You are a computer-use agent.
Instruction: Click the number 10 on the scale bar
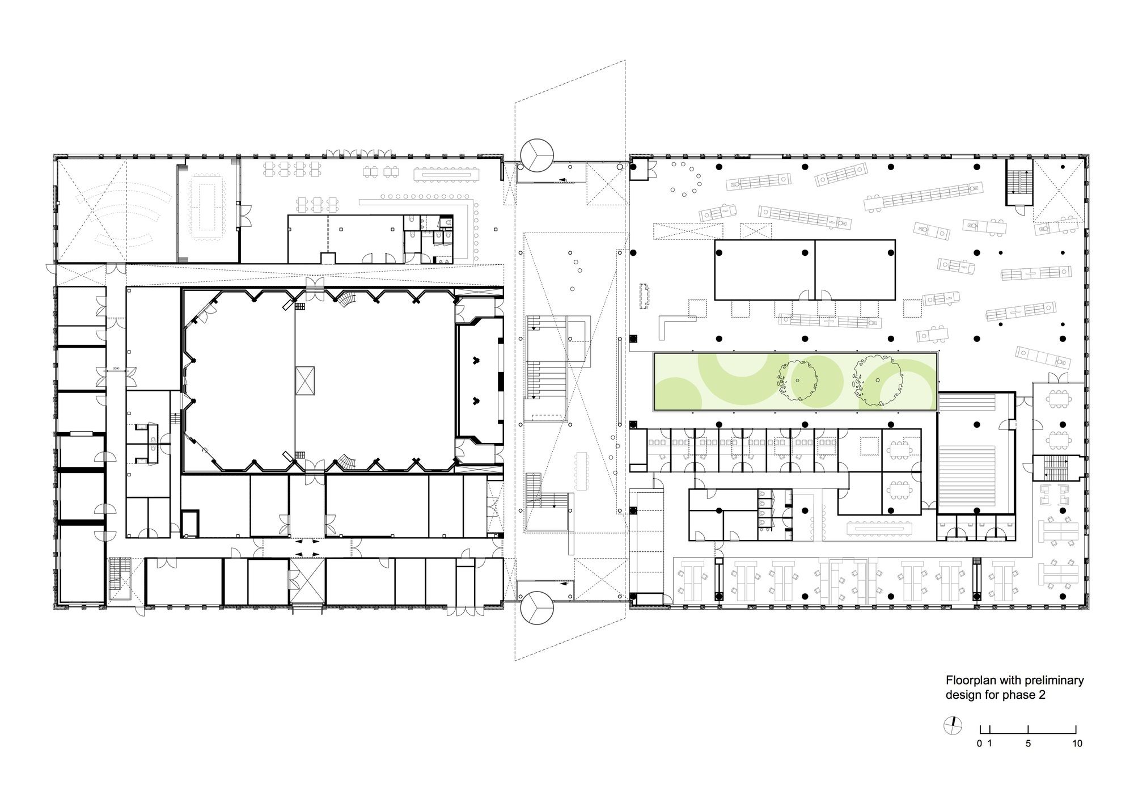(x=1077, y=744)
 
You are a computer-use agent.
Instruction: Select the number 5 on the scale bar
(x=1029, y=744)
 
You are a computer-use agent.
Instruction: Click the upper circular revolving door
(x=536, y=154)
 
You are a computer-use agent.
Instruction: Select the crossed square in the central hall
(x=304, y=381)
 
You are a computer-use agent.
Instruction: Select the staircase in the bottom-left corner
(x=120, y=579)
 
